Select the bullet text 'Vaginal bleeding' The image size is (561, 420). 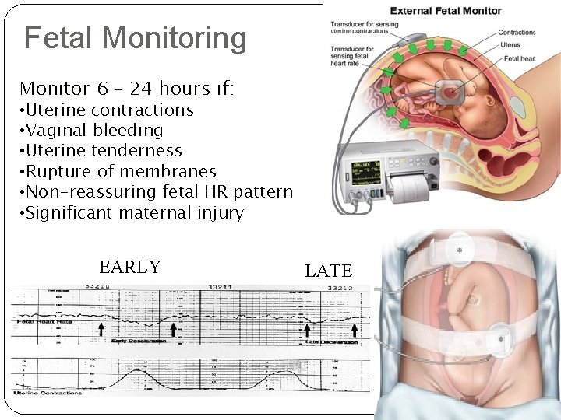click(x=94, y=131)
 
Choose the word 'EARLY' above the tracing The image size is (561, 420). click(x=130, y=268)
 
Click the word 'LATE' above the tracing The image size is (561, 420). click(x=329, y=271)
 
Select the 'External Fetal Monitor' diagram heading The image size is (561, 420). click(x=446, y=11)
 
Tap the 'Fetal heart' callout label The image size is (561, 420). click(x=518, y=59)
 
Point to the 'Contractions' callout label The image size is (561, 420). click(x=517, y=33)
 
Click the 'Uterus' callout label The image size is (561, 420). click(x=511, y=46)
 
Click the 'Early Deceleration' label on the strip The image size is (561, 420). click(x=139, y=341)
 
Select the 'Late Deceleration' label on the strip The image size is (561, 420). click(x=332, y=341)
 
